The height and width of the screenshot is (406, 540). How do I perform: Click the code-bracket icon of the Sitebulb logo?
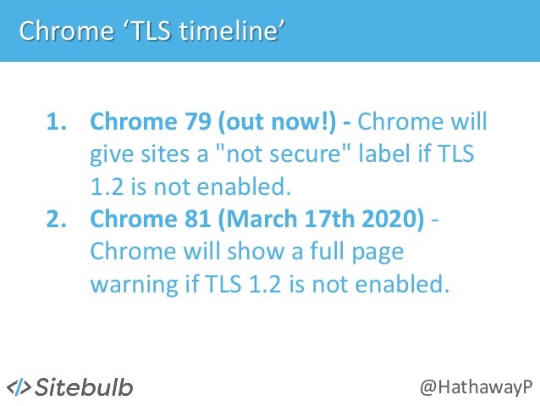[19, 387]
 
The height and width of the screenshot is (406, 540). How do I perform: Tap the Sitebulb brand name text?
[85, 387]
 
